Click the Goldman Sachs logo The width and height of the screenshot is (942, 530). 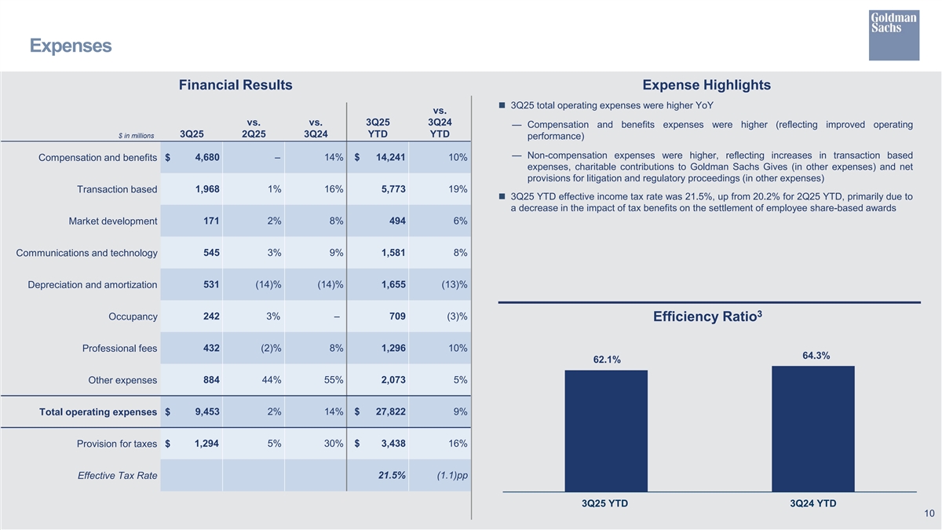893,35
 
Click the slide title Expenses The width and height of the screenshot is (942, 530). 70,46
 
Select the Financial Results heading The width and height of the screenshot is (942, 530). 235,85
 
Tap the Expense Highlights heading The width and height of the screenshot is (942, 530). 706,85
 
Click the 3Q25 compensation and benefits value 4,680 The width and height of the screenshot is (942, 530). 206,158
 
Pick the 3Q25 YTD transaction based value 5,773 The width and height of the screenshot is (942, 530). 390,189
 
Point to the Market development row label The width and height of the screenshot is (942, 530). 113,221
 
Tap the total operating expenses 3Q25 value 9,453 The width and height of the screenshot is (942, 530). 206,411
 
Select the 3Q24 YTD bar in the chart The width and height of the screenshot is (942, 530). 812,429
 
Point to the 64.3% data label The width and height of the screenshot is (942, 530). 816,356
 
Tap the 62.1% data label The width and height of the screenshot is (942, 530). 607,360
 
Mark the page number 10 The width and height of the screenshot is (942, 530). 929,514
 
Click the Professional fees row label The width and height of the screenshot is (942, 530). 119,349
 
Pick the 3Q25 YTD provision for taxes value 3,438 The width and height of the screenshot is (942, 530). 390,444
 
